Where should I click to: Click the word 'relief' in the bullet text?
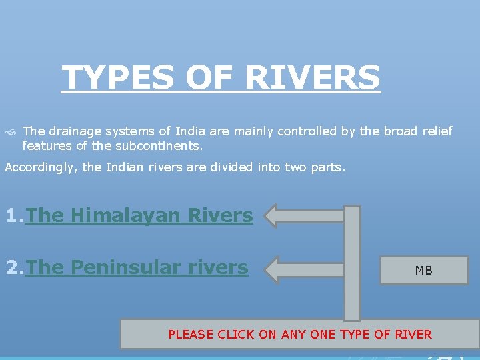(437, 131)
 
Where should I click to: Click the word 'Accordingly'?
(41, 167)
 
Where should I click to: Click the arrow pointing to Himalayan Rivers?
(303, 216)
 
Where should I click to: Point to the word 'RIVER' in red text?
(413, 335)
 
